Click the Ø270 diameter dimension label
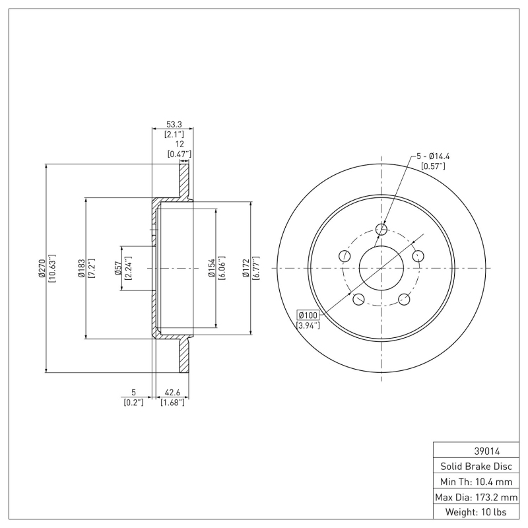[x=42, y=269]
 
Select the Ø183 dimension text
[x=81, y=269]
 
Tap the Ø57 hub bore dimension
[x=117, y=269]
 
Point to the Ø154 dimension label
[x=211, y=269]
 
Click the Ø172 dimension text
[x=246, y=269]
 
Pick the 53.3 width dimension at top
[x=175, y=123]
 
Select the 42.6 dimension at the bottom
[x=172, y=392]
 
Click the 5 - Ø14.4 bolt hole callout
[x=436, y=156]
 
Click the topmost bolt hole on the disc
[x=381, y=229]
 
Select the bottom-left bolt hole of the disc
[x=358, y=300]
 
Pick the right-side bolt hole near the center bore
[x=418, y=256]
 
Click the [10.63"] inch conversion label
[x=52, y=269]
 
